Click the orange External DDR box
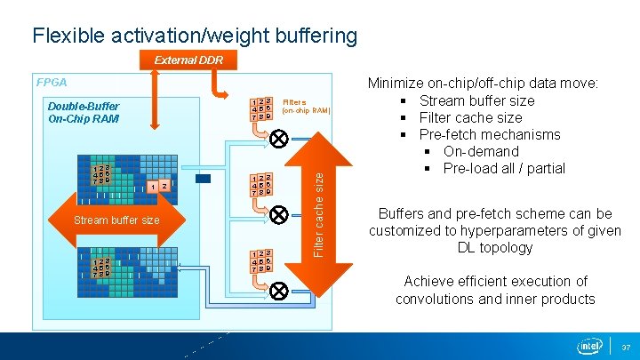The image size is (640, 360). point(188,60)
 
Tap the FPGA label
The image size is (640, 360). point(52,82)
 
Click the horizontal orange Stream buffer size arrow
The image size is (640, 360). point(116,220)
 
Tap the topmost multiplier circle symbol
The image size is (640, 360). point(277,139)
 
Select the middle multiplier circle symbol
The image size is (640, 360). point(277,214)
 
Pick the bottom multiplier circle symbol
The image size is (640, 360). point(277,289)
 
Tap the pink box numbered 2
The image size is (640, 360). point(165,187)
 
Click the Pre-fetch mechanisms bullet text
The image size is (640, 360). point(490,134)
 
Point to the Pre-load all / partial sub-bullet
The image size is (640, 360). point(503,168)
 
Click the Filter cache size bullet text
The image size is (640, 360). point(470,117)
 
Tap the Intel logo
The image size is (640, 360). point(588,345)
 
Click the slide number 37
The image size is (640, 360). point(626,347)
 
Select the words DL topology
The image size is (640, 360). point(494,247)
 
